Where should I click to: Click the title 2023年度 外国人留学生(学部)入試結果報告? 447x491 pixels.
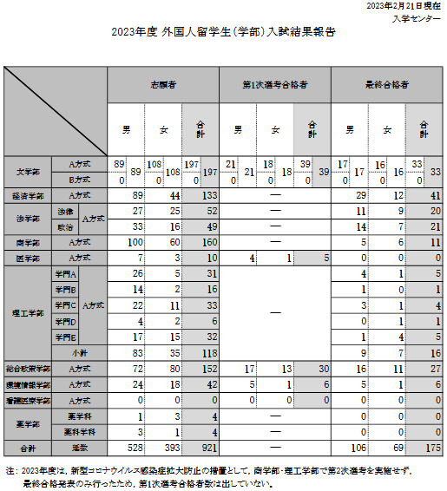tap(223, 33)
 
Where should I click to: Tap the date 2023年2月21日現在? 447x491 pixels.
tap(404, 6)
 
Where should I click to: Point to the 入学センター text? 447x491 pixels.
tap(422, 17)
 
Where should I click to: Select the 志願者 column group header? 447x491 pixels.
tap(162, 85)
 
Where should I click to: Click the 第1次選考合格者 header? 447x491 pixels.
tap(274, 85)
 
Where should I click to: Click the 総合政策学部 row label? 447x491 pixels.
tap(28, 369)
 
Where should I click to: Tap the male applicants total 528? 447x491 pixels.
tap(133, 447)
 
